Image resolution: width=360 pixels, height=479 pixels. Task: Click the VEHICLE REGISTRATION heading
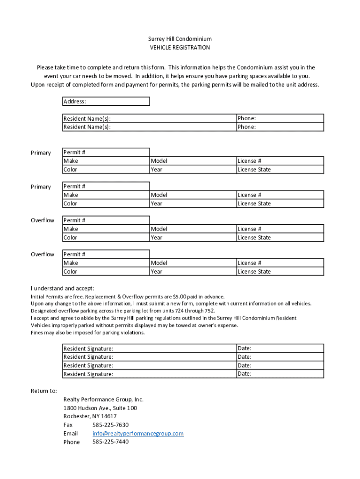tap(180, 48)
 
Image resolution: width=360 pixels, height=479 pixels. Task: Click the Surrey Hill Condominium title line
tap(180, 39)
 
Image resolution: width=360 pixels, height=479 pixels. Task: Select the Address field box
tap(106, 102)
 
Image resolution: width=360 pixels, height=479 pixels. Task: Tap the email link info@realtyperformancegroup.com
tap(138, 434)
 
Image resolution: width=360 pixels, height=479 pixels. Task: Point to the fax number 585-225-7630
tap(110, 425)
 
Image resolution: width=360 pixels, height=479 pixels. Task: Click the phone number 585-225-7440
tap(110, 442)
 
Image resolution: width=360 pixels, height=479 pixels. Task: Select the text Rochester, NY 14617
tap(90, 416)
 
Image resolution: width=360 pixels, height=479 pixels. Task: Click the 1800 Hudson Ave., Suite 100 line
tap(100, 408)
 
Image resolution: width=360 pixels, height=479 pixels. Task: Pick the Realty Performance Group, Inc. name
tap(103, 399)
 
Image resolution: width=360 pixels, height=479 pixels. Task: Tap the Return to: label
tap(44, 391)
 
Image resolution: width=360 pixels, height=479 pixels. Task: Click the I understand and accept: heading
tap(63, 288)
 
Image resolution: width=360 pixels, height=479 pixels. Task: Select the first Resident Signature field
tap(150, 348)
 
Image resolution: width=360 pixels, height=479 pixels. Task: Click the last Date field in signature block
tap(280, 374)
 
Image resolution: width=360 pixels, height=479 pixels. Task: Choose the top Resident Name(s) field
tap(150, 119)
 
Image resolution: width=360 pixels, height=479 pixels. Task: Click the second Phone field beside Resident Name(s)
tap(280, 127)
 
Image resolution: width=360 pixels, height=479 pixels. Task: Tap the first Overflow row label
tap(43, 220)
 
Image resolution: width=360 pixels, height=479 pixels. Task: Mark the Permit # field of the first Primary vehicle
tap(106, 152)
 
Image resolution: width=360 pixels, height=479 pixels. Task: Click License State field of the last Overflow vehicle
tap(280, 272)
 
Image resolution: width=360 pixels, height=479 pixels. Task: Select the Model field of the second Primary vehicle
tap(193, 195)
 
